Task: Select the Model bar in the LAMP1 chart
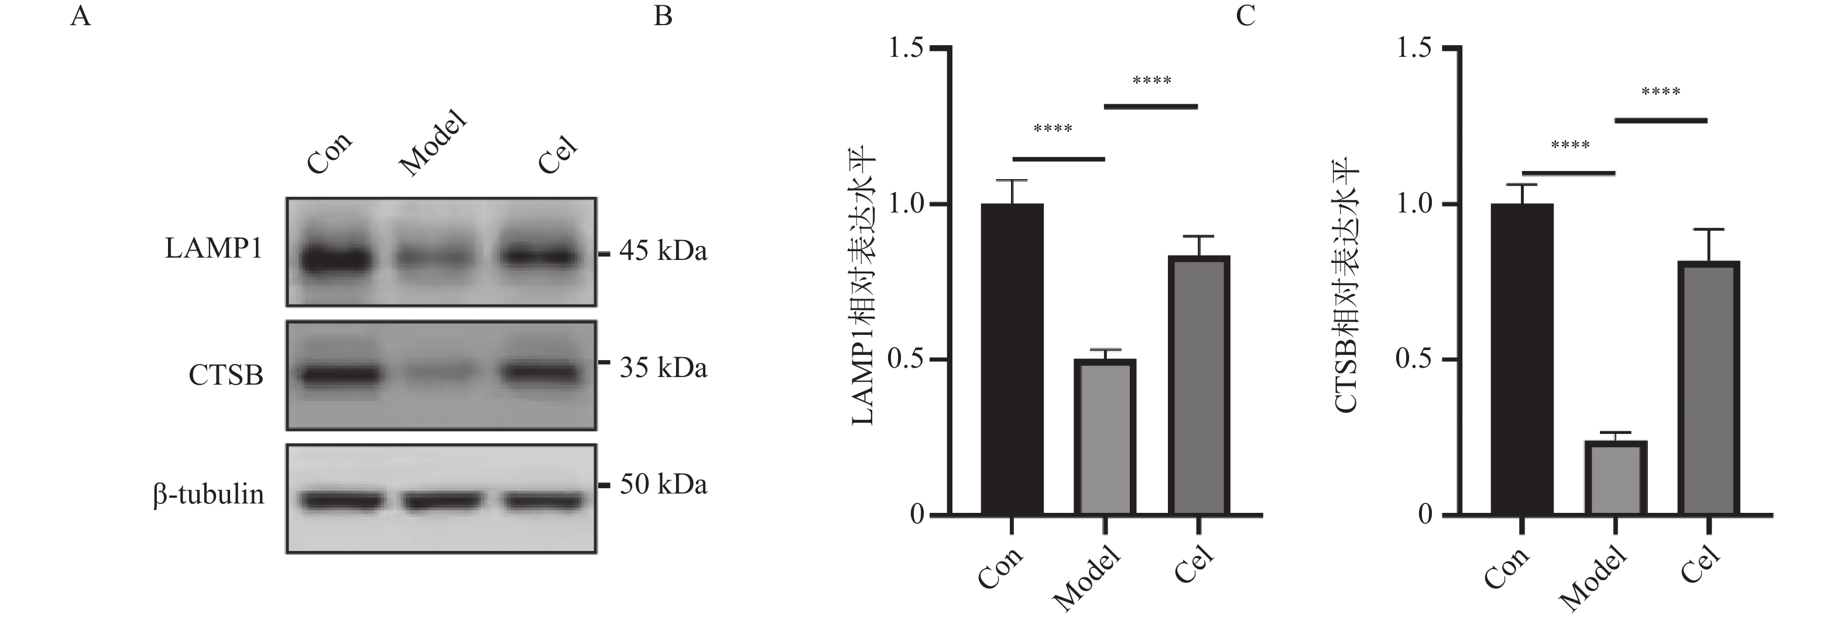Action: click(1105, 437)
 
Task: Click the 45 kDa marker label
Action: click(663, 251)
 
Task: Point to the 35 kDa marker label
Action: click(663, 368)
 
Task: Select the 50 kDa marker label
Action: click(663, 485)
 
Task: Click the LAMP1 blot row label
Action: click(213, 249)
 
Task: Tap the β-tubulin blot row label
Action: click(208, 495)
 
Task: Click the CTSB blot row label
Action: click(226, 375)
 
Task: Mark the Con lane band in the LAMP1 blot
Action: click(335, 260)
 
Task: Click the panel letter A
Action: click(80, 16)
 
